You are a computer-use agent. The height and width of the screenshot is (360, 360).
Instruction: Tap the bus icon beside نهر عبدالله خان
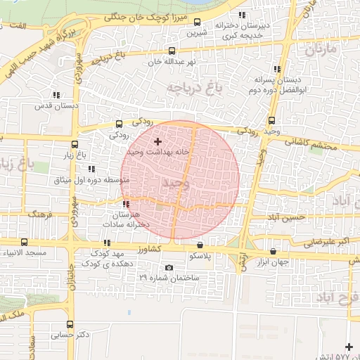click(172, 51)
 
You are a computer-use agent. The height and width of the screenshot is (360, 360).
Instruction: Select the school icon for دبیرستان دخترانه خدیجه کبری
click(243, 15)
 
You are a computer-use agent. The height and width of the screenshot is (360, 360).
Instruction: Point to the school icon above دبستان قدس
click(55, 96)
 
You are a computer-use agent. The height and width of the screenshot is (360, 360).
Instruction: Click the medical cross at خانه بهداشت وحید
click(157, 141)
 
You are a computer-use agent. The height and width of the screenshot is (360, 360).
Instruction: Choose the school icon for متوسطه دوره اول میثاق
click(91, 169)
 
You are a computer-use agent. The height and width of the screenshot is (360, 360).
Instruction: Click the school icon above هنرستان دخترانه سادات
click(125, 204)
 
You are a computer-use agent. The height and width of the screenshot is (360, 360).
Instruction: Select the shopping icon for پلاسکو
click(202, 245)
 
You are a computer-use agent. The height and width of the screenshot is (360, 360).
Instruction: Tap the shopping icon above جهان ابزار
click(273, 251)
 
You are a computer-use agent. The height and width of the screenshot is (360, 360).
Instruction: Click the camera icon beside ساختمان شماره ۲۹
click(169, 268)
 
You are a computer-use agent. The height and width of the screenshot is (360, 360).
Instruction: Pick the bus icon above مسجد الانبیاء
click(25, 241)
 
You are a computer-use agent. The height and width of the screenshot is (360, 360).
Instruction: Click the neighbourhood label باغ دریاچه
click(189, 86)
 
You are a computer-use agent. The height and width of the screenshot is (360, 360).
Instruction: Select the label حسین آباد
click(285, 218)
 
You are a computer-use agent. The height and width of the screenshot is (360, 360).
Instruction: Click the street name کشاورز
click(151, 249)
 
